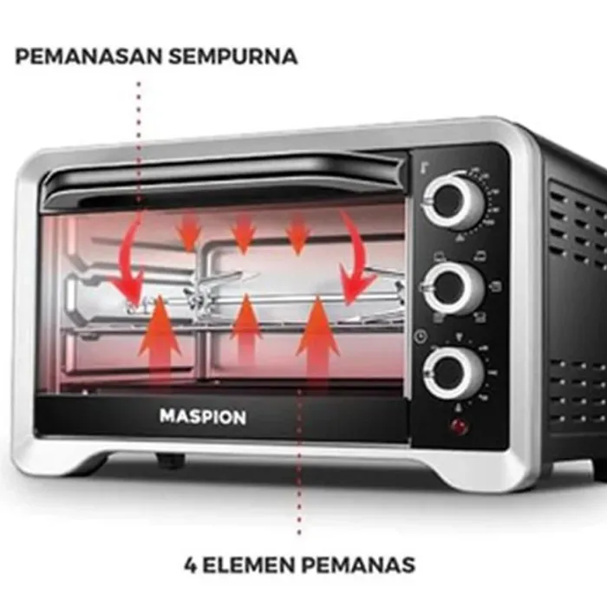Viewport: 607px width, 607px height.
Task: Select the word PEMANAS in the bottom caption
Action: (x=361, y=565)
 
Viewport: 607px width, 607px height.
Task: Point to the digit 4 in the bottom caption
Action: (x=191, y=565)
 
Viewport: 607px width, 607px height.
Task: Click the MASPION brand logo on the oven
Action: (x=202, y=417)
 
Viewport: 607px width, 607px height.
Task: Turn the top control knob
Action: (x=453, y=203)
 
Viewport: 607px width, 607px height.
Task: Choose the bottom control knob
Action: (x=449, y=373)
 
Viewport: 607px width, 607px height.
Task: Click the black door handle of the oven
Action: (x=225, y=178)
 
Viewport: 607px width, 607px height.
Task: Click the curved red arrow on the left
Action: (x=128, y=259)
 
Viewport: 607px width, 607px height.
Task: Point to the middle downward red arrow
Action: (x=245, y=233)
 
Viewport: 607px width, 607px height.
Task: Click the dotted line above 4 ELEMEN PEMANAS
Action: (x=300, y=486)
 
